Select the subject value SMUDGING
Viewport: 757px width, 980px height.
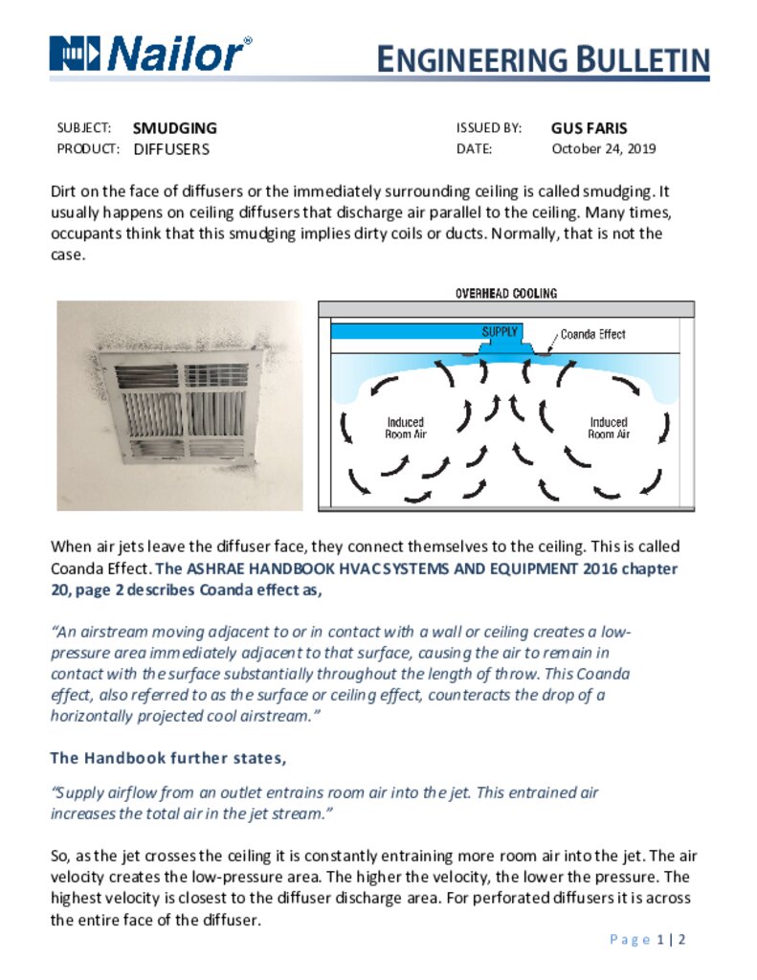tap(174, 128)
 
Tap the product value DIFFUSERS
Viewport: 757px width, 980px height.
tap(170, 149)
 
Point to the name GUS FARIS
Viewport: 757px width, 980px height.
tap(589, 128)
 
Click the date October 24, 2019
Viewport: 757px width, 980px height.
tap(603, 149)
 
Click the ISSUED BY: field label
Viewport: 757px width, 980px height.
tap(488, 128)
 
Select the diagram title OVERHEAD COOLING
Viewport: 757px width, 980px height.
tap(505, 294)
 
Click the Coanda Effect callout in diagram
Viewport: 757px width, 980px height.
tap(592, 334)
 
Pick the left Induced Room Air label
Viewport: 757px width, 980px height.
tap(405, 428)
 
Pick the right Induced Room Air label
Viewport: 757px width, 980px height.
tap(608, 428)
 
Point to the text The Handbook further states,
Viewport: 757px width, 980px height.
tap(167, 758)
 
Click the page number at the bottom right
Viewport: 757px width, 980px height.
tap(648, 940)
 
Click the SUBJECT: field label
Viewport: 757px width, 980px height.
tap(84, 128)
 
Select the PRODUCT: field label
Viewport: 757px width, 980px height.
tap(88, 149)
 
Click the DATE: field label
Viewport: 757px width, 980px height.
tap(475, 149)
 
